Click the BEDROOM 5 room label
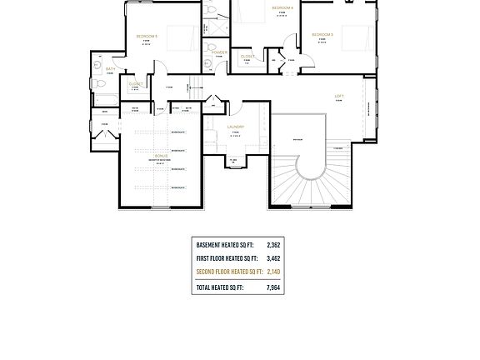147,36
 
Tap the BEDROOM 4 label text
282,7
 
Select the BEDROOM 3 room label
322,34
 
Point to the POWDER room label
219,52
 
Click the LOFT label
339,96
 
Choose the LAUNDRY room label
235,127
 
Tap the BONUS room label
161,156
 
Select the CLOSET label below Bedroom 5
136,83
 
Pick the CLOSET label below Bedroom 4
247,56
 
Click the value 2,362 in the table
273,246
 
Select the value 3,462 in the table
273,258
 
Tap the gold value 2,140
273,272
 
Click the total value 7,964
273,287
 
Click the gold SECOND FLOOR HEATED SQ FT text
229,272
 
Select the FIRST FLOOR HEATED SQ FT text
229,258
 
